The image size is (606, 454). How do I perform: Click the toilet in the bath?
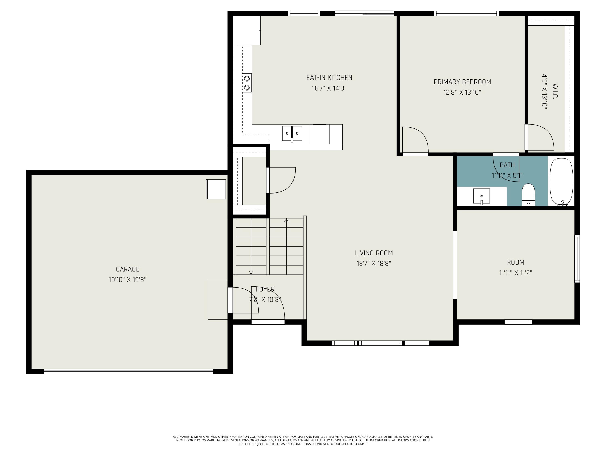pos(528,195)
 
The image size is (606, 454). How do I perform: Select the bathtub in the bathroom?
pos(561,182)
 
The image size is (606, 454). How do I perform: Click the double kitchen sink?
pos(292,134)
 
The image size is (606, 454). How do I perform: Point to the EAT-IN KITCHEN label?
pos(329,78)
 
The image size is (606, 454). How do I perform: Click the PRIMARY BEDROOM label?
pos(462,82)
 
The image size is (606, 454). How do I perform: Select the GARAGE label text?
pos(128,269)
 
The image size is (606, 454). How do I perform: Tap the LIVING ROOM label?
pos(374,253)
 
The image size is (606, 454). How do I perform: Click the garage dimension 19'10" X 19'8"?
pos(128,280)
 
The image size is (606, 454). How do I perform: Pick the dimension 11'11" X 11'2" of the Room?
pos(516,273)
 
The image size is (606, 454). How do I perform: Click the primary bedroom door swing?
pos(415,140)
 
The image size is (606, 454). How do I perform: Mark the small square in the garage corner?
pos(216,189)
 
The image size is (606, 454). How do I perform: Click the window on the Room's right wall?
pos(577,258)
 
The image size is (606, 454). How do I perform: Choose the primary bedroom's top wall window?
pos(466,13)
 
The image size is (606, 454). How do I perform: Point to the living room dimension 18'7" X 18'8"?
pos(374,264)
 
